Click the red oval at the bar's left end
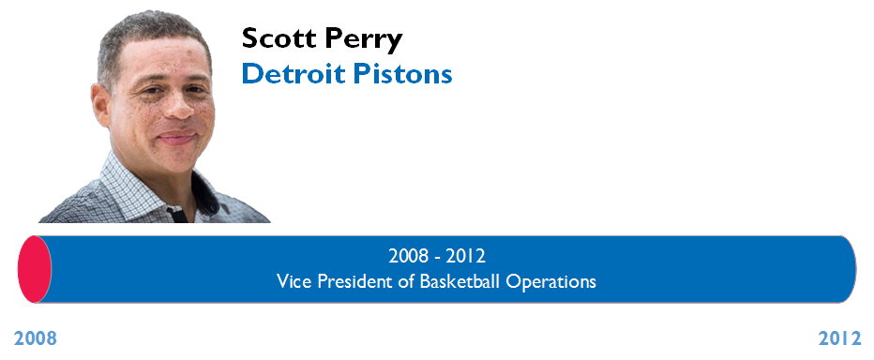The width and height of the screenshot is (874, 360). tap(35, 269)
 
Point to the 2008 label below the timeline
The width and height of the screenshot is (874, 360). tap(35, 338)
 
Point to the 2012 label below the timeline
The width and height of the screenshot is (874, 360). tap(839, 338)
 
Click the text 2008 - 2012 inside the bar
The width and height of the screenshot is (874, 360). tap(437, 256)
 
